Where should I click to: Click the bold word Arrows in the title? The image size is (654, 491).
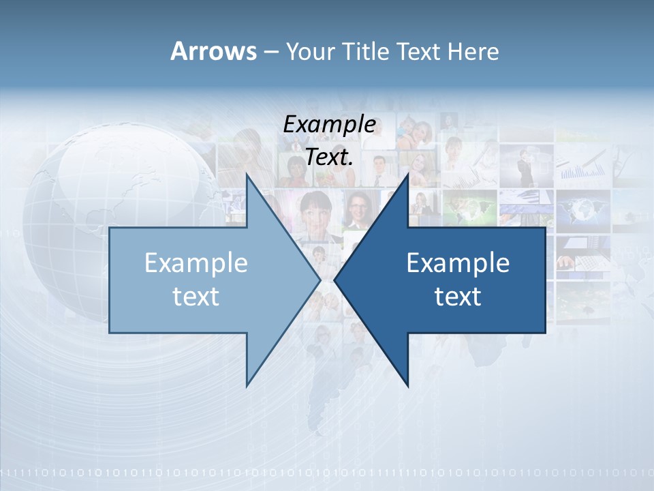[213, 52]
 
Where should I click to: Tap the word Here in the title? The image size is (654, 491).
[473, 52]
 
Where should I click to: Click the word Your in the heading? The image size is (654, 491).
[309, 52]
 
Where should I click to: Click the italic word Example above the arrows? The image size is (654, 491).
[329, 124]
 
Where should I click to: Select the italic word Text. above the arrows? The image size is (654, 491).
[329, 157]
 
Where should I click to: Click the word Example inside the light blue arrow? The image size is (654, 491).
[196, 263]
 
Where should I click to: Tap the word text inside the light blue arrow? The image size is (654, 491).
[196, 296]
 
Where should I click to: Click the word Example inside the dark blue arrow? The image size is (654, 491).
[458, 263]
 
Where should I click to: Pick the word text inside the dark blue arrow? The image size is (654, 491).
[458, 296]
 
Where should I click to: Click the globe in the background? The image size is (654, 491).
[102, 205]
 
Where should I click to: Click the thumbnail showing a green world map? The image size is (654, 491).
[470, 206]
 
